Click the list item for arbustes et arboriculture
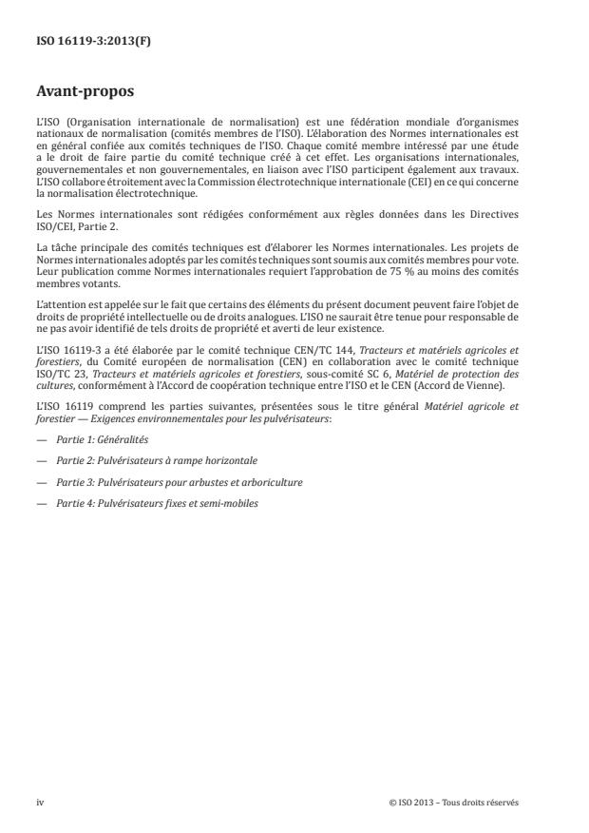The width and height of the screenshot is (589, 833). (179, 482)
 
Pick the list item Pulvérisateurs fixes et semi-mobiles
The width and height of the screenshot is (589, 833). (156, 503)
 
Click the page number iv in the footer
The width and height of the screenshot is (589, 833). (40, 802)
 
